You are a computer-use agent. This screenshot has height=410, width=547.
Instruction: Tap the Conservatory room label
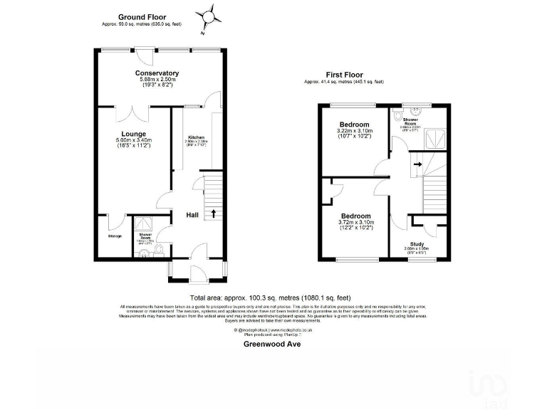157,73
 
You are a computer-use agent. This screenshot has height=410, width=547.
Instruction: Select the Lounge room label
133,134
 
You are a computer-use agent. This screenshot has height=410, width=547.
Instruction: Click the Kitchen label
196,137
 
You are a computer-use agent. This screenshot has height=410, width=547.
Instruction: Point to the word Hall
192,215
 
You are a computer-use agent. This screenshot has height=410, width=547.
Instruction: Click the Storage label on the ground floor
115,236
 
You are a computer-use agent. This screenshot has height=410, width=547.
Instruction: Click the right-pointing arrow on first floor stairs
418,164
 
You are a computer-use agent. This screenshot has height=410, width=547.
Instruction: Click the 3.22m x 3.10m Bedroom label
354,125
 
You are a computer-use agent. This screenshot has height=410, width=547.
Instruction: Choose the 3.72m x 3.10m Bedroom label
355,216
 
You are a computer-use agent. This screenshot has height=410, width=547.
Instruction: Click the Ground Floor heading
142,16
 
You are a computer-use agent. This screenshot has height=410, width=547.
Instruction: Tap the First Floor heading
345,74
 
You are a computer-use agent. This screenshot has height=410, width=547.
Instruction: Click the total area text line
270,298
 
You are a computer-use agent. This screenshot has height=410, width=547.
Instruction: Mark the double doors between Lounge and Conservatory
134,112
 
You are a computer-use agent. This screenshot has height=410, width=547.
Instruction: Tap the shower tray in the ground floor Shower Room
146,224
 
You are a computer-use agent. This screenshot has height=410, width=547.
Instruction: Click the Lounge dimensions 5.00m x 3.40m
133,141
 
